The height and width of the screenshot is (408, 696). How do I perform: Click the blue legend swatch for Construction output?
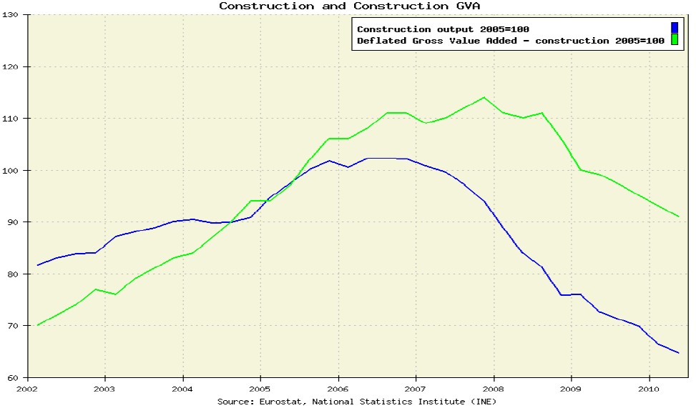[x=674, y=29]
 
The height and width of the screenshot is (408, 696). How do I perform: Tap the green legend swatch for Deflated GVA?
[x=674, y=40]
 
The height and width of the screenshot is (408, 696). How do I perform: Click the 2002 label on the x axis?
[x=26, y=389]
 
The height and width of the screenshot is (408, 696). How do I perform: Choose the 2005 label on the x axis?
[x=260, y=389]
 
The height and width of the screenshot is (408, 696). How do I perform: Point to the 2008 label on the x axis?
[x=493, y=389]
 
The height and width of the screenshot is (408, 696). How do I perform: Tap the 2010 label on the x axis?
[x=649, y=389]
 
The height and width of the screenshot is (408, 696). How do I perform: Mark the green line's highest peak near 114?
[x=484, y=97]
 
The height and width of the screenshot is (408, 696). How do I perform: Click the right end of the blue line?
[x=678, y=353]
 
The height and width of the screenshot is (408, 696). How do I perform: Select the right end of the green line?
[x=678, y=216]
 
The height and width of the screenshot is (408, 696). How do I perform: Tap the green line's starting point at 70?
[x=37, y=325]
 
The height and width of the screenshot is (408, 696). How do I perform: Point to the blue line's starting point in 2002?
[x=37, y=265]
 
